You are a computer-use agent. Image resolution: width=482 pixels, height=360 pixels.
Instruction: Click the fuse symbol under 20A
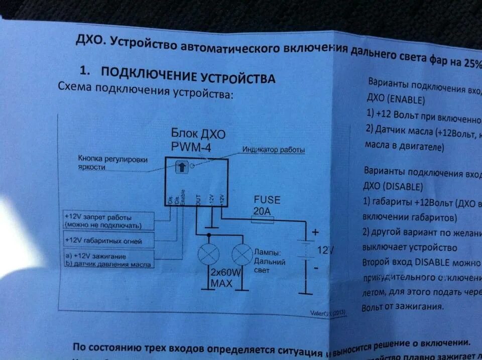tap(263, 219)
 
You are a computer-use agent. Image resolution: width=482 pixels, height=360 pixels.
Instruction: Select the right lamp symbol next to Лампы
tap(242, 255)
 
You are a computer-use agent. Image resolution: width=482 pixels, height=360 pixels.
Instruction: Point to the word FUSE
tap(267, 200)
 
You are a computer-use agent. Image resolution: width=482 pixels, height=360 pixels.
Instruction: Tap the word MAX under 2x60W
tap(221, 284)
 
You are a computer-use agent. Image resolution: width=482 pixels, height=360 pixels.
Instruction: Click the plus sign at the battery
tap(315, 232)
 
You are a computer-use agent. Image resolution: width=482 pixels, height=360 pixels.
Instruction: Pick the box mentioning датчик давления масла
tap(109, 260)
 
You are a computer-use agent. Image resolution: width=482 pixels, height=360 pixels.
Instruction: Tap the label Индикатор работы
tap(274, 150)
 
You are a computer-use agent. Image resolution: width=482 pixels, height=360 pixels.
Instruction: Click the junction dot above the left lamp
tap(206, 234)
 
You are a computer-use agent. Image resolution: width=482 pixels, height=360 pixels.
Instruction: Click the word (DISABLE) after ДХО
tap(404, 186)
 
